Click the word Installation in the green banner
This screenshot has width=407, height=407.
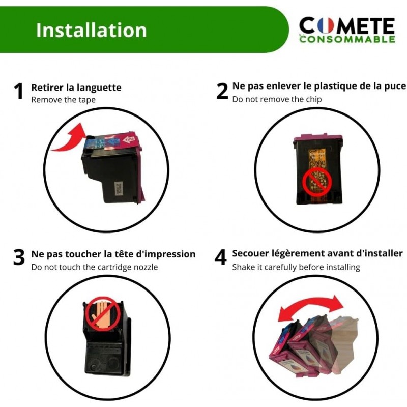[x=92, y=30]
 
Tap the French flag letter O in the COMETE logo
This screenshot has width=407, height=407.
[x=326, y=25]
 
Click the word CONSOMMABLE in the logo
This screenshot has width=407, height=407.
[x=347, y=39]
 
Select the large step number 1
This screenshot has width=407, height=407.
[x=19, y=91]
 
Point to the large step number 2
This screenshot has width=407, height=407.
[x=222, y=91]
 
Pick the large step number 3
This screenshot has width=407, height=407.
[x=19, y=257]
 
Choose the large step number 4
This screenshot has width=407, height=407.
[x=221, y=257]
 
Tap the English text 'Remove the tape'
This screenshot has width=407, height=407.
[x=63, y=100]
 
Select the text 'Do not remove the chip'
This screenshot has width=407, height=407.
[x=277, y=99]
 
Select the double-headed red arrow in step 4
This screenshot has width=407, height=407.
[x=311, y=306]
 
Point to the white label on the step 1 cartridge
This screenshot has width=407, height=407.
[x=118, y=188]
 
